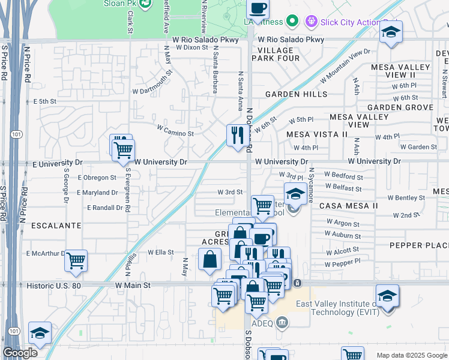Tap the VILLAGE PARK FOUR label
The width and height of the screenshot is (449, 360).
277,54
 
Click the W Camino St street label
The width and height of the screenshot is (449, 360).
175,130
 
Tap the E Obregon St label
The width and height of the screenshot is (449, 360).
97,178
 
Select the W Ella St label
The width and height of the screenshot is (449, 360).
160,253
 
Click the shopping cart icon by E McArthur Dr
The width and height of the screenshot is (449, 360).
76,260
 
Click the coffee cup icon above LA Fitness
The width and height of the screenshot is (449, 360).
258,8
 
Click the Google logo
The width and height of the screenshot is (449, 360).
20,353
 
